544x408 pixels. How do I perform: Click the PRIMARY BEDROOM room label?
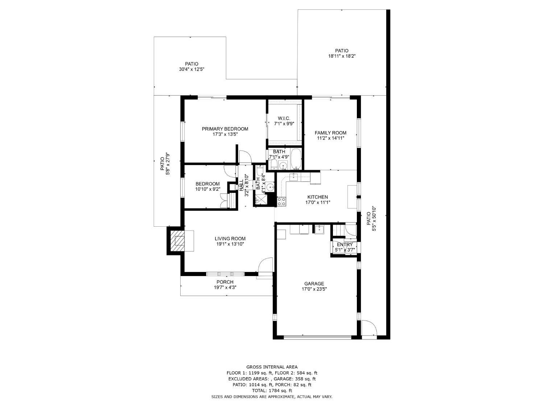click(x=225, y=129)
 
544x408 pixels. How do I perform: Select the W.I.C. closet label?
click(x=284, y=118)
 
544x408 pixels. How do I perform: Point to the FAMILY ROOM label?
click(x=330, y=133)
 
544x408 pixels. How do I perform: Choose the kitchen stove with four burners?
click(x=282, y=202)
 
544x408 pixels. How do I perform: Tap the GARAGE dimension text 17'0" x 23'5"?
click(x=314, y=289)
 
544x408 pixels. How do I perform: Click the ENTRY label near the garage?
click(x=345, y=244)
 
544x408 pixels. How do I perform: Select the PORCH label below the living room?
click(x=225, y=282)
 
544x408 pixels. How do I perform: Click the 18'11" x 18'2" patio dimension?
click(x=342, y=56)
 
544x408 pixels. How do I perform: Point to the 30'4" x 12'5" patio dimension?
click(x=191, y=69)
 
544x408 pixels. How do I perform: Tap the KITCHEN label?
click(x=318, y=197)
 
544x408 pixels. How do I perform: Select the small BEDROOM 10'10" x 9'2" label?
click(x=207, y=184)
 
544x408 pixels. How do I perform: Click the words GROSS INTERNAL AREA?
click(x=272, y=367)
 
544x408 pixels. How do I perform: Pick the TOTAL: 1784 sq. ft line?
click(x=272, y=391)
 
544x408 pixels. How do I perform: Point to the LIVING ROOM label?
click(x=230, y=239)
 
